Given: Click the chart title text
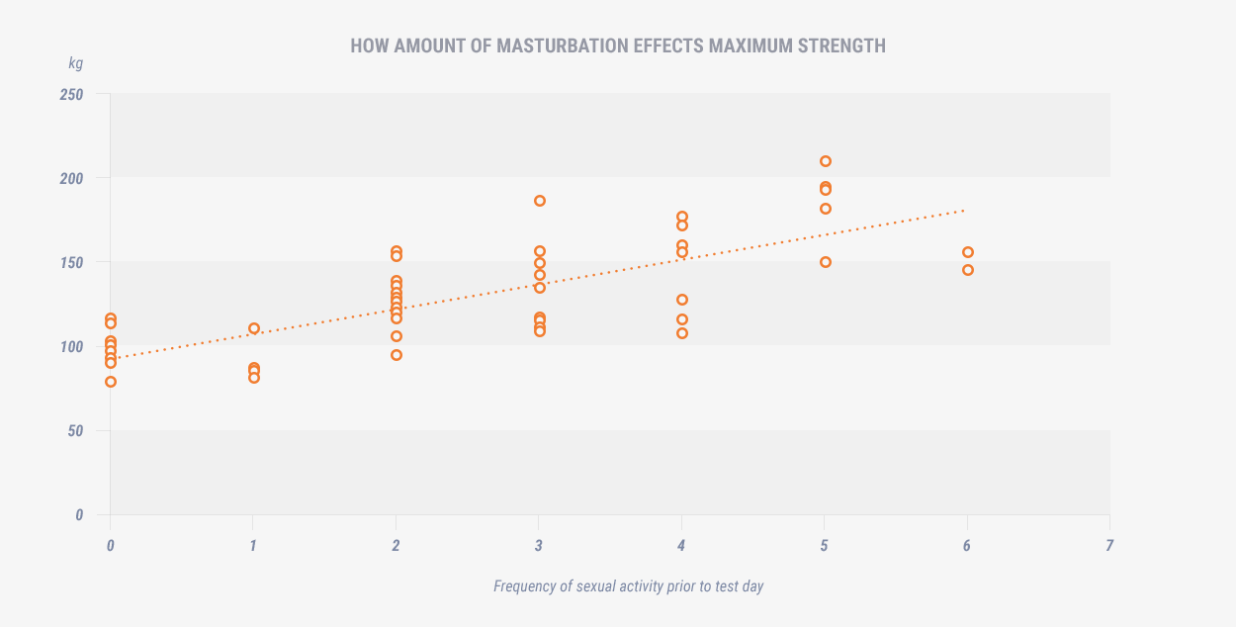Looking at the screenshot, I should pos(618,46).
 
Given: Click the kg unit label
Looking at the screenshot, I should pos(76,63).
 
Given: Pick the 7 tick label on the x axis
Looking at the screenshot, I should pos(1109,545).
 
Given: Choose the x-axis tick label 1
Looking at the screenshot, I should pos(253,545).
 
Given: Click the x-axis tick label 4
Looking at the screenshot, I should pos(681,545).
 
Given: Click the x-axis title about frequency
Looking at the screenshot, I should pos(628,586).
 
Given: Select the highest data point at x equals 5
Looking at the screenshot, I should pos(826,161).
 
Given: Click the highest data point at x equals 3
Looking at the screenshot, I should pos(540,201).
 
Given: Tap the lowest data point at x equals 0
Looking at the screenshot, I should pos(111,382).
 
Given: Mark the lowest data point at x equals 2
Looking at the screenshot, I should pos(397,355).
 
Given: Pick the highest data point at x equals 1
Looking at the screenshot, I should pos(254,328).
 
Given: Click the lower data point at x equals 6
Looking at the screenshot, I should pos(968,270).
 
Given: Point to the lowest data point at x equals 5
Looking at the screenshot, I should pos(826,262).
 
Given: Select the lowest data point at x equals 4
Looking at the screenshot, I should pos(682,333).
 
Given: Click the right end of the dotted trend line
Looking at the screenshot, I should pos(964,211).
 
